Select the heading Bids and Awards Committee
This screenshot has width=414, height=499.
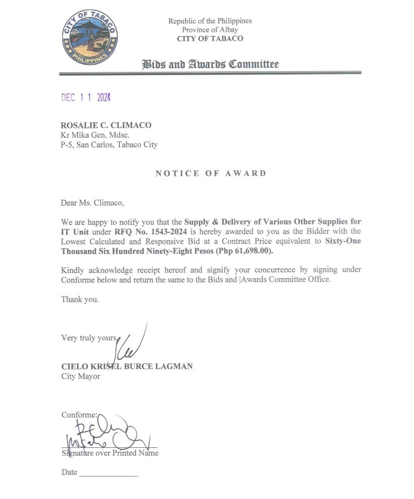coord(210,65)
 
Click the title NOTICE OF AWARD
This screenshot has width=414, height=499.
coord(211,173)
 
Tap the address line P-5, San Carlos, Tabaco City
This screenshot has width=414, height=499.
coord(109,145)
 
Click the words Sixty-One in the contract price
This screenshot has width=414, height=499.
coord(343,241)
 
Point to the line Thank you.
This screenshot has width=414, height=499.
coord(80,300)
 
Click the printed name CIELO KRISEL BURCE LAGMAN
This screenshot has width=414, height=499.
coord(127,366)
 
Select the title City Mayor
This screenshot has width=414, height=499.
coord(80,376)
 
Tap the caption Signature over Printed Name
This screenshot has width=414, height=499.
coord(110,453)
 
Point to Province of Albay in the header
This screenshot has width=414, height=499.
coord(210,30)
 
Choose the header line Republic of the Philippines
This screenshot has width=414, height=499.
coord(210,21)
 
